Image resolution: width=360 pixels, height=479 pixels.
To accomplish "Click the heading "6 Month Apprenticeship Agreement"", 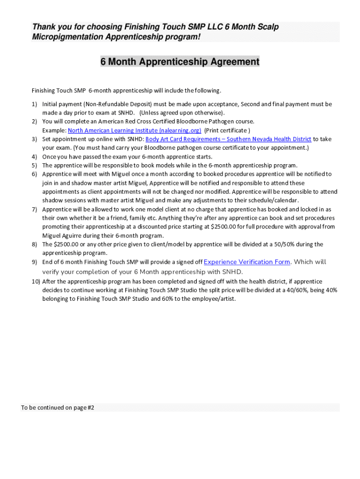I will click(x=180, y=62).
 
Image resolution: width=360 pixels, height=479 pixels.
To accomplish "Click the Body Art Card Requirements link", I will click(x=228, y=139).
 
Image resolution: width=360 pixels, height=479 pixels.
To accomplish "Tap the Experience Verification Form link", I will click(x=247, y=262).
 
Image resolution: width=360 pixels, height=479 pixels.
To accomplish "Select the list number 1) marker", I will click(x=35, y=104).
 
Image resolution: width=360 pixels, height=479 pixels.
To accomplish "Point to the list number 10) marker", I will click(x=36, y=282).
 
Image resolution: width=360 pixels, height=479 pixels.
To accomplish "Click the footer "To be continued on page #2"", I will click(x=58, y=407).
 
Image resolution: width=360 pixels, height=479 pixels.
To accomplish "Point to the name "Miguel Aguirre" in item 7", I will click(x=63, y=236).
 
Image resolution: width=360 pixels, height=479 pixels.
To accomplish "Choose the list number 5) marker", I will click(x=35, y=165).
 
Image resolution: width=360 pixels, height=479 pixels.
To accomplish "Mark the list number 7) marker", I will click(x=35, y=210).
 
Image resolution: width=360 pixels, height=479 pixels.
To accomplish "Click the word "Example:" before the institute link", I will click(x=54, y=131).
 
